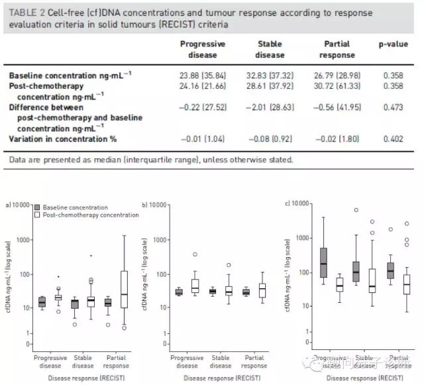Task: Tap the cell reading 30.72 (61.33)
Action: [337, 87]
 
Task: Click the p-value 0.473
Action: [394, 107]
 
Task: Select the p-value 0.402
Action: [394, 138]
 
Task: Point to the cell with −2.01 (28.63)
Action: [270, 107]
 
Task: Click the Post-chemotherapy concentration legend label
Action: [91, 215]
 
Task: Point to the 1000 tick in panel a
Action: [23, 240]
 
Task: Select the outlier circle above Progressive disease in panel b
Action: [195, 254]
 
